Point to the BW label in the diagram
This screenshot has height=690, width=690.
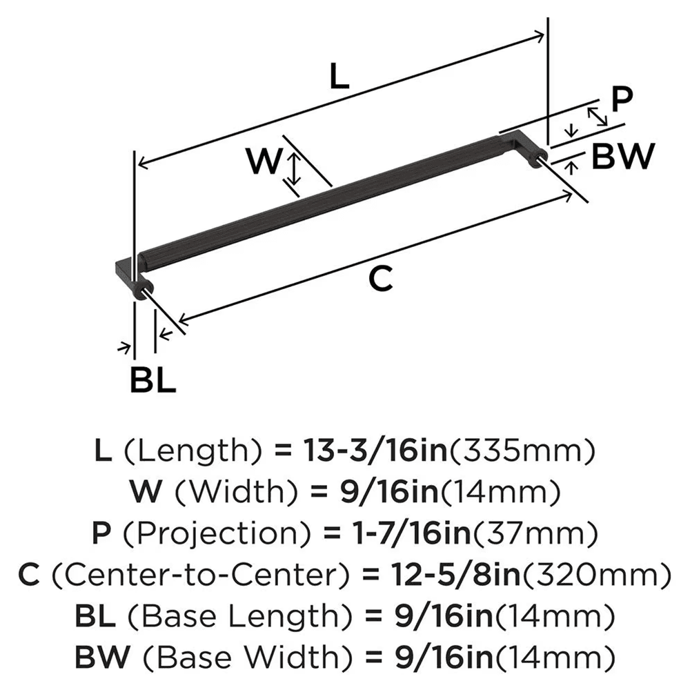click(622, 158)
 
